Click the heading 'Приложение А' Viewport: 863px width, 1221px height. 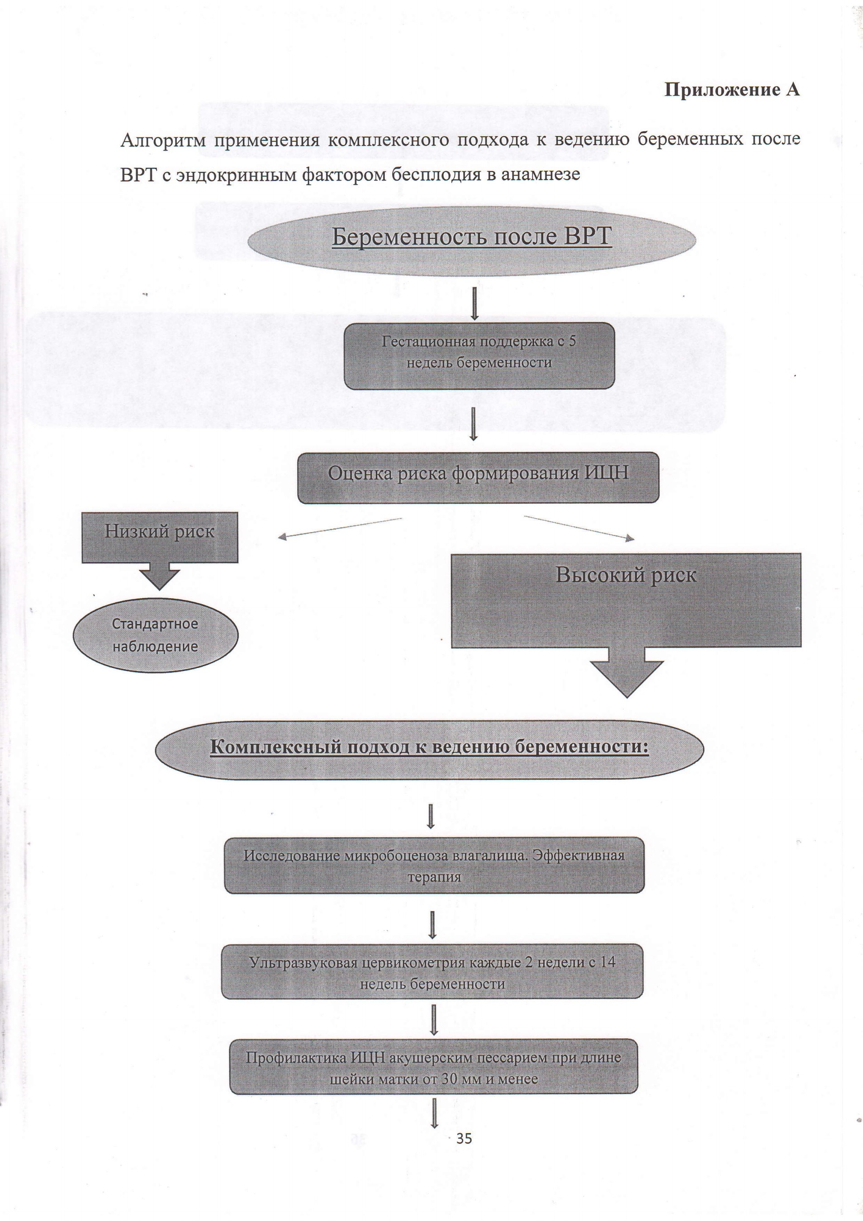tap(732, 90)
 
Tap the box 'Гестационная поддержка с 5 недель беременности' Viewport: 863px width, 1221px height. tap(479, 355)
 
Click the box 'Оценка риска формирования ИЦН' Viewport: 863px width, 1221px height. tap(478, 478)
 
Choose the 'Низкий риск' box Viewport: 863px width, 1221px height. tap(160, 537)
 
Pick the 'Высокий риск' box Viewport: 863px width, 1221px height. tap(626, 601)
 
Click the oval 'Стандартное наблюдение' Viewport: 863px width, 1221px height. tap(155, 635)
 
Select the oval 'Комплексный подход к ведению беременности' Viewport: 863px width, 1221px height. tap(429, 749)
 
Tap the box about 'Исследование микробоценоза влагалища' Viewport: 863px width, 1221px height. tap(434, 865)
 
